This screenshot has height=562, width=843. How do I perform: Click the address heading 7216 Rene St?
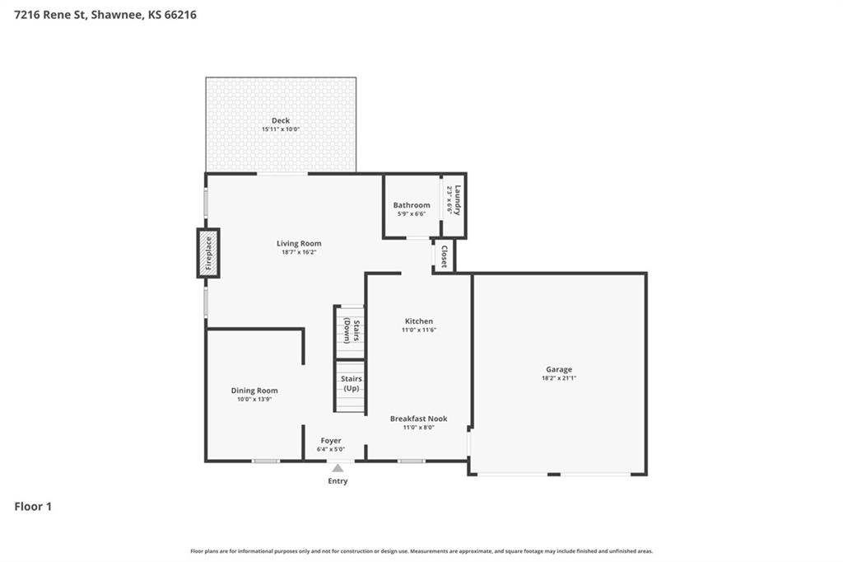105,14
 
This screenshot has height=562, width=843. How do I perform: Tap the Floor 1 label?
33,507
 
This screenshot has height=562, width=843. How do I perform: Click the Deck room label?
281,120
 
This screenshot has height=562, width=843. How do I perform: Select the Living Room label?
299,243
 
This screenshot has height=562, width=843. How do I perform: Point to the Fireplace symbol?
208,253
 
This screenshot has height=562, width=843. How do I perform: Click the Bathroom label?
411,205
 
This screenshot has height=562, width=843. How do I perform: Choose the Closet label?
445,256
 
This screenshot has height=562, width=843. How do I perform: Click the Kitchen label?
418,321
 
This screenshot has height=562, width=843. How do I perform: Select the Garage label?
558,369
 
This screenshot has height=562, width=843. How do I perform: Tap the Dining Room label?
254,391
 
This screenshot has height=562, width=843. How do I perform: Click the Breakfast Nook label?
418,419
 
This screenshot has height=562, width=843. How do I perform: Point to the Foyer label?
331,441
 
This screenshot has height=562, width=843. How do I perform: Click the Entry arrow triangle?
338,468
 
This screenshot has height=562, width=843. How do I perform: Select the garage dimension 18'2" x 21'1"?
558,378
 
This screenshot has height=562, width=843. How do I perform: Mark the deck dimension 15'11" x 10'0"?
281,129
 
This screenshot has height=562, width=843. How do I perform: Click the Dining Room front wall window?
265,461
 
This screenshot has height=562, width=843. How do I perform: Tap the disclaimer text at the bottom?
421,551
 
